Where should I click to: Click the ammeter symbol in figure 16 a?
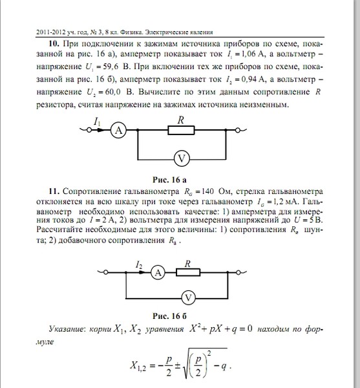[x=118, y=131]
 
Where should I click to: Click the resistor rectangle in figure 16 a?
[x=181, y=131]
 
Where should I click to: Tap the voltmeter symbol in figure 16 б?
[x=187, y=297]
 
